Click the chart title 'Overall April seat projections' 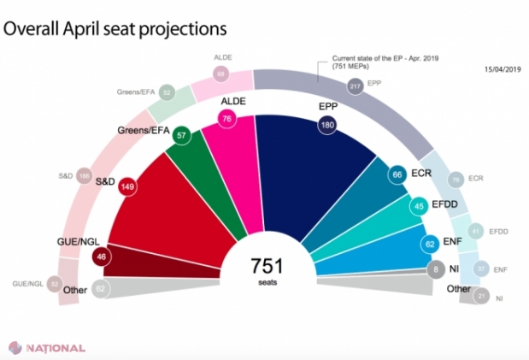(x=115, y=28)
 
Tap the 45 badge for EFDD (x=420, y=205)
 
